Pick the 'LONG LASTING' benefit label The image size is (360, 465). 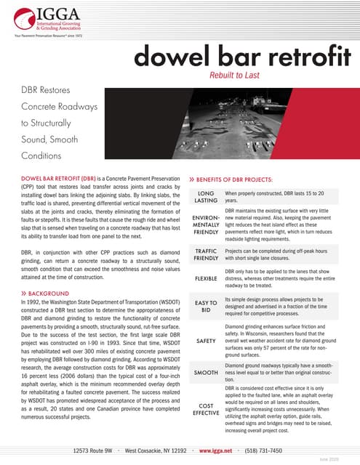pyautogui.click(x=206, y=196)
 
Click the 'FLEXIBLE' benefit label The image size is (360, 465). pyautogui.click(x=206, y=278)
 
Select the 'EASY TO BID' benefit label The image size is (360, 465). pyautogui.click(x=206, y=307)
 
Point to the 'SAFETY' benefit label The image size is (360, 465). pyautogui.click(x=206, y=339)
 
